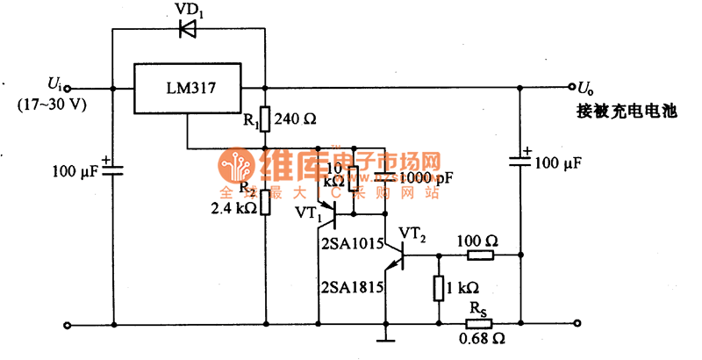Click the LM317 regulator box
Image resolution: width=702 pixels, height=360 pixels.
[187, 88]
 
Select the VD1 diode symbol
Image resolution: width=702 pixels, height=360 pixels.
[187, 29]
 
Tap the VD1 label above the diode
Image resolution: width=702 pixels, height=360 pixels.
[188, 10]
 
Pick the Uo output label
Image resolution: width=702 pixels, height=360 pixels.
[585, 87]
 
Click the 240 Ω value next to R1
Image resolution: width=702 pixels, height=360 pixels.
[295, 119]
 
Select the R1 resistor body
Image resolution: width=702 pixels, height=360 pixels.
[265, 119]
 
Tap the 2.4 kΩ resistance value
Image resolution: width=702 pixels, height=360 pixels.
[234, 209]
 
